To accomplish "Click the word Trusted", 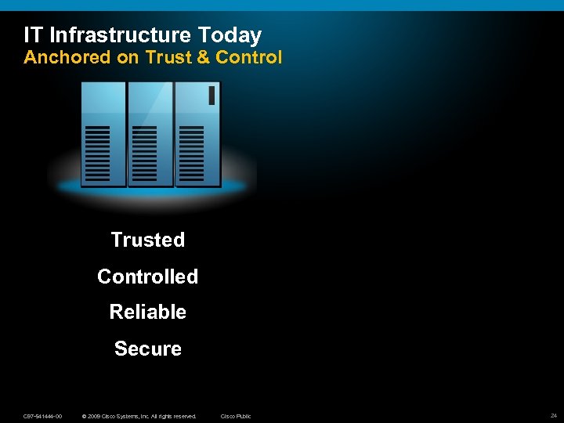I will (x=147, y=240).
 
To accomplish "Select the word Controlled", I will (x=147, y=277).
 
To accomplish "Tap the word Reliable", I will (x=147, y=312).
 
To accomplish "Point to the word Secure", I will (x=147, y=349).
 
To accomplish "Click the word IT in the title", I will (x=33, y=35).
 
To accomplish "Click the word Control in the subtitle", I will (x=249, y=57).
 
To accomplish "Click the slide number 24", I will (x=553, y=415).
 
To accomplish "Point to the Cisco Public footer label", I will (x=236, y=416).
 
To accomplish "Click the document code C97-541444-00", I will (x=43, y=416).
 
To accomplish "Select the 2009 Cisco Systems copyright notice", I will (x=139, y=416).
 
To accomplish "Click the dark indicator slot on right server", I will (x=211, y=96).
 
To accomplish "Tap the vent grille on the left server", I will (x=97, y=152).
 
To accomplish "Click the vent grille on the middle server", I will (x=144, y=152).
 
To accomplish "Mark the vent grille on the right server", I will (x=191, y=152).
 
